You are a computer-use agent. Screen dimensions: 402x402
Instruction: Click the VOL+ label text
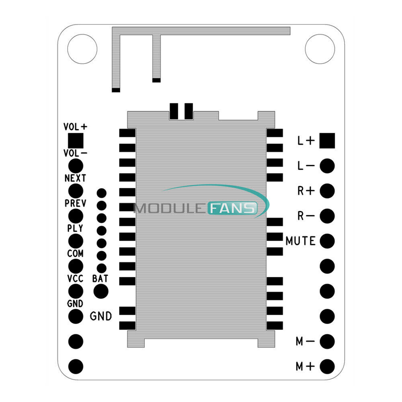point(75,127)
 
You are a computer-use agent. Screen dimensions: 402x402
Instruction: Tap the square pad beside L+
point(328,141)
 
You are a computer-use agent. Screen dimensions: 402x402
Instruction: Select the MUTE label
point(300,241)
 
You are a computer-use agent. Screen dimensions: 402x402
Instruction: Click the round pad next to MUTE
point(328,240)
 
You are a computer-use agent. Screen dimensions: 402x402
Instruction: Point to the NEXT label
point(75,178)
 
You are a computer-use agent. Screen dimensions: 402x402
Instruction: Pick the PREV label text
point(75,203)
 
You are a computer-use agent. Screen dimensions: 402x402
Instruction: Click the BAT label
point(100,278)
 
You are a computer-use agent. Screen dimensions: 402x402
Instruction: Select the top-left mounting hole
point(82,49)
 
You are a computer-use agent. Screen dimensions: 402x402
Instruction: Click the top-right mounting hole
point(320,49)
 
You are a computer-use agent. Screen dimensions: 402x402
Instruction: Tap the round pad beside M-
point(328,341)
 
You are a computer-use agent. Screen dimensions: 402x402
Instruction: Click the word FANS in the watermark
point(233,208)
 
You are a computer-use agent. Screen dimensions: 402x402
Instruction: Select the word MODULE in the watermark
point(170,208)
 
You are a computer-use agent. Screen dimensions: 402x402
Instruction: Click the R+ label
point(306,191)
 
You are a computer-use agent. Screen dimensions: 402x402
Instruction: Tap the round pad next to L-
point(328,166)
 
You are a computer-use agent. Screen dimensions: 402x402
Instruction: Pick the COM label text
point(76,254)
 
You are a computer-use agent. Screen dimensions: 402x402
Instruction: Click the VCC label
point(75,279)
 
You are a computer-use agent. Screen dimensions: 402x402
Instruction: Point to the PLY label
point(75,228)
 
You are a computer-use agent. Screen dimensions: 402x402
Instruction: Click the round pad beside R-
point(328,215)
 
